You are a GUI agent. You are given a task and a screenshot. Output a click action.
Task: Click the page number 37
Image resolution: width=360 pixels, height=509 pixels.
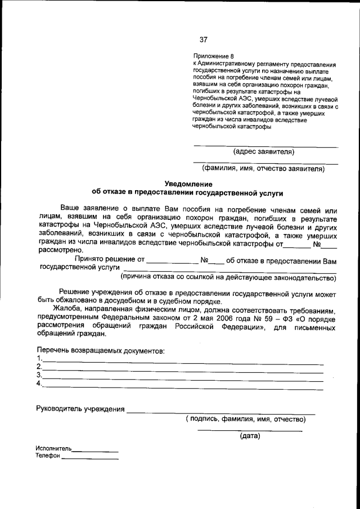pos(203,39)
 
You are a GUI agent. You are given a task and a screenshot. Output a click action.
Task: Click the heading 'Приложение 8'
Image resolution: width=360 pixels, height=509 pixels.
pos(213,57)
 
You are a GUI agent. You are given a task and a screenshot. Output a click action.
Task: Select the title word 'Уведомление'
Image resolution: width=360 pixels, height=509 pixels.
pos(188,184)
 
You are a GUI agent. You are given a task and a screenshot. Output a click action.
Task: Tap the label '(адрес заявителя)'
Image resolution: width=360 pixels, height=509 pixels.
pos(264,151)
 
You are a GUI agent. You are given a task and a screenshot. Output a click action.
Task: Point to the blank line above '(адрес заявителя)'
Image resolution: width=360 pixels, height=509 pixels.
pos(265,146)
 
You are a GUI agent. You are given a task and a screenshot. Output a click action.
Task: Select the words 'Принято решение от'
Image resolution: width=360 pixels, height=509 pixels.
pos(105,261)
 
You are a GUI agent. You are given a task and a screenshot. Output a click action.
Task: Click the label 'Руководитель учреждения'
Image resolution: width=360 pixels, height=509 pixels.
pos(80,409)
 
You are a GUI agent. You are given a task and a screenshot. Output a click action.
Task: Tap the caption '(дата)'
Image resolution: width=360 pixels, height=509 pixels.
pos(250,436)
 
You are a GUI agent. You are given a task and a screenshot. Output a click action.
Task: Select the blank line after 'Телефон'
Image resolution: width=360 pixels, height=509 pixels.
pos(90,458)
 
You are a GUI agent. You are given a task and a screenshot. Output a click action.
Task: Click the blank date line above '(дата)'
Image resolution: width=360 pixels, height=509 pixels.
pos(250,430)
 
